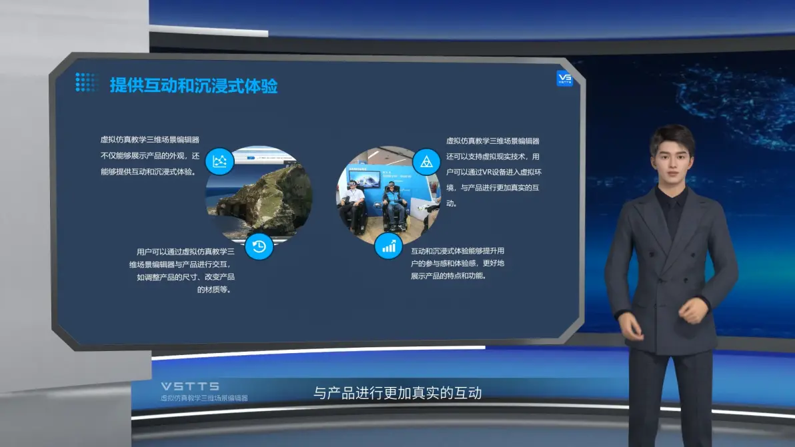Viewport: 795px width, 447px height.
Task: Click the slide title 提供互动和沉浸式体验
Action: click(x=193, y=85)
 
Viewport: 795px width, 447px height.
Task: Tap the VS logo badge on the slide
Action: click(x=564, y=78)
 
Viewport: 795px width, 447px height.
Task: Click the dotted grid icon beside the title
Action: click(x=85, y=83)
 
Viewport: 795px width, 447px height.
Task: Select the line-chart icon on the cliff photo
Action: click(x=219, y=161)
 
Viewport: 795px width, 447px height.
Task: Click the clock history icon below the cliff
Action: click(x=259, y=246)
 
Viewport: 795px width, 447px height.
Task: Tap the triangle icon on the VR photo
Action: click(x=426, y=161)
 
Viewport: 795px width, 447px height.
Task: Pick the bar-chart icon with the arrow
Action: click(x=388, y=246)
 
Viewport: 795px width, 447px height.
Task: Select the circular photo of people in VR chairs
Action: click(x=388, y=195)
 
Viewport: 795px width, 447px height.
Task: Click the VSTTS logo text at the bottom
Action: click(x=190, y=386)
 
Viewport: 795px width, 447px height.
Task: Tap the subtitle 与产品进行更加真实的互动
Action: click(x=397, y=393)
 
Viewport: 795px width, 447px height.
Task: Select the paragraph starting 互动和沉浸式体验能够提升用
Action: click(x=458, y=263)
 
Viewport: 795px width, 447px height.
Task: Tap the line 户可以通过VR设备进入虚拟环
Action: click(x=494, y=172)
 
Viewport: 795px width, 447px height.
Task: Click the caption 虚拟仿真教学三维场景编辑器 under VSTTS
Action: click(x=204, y=398)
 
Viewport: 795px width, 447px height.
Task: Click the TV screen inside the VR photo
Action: click(x=365, y=179)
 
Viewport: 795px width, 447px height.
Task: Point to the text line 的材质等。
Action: click(x=214, y=290)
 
